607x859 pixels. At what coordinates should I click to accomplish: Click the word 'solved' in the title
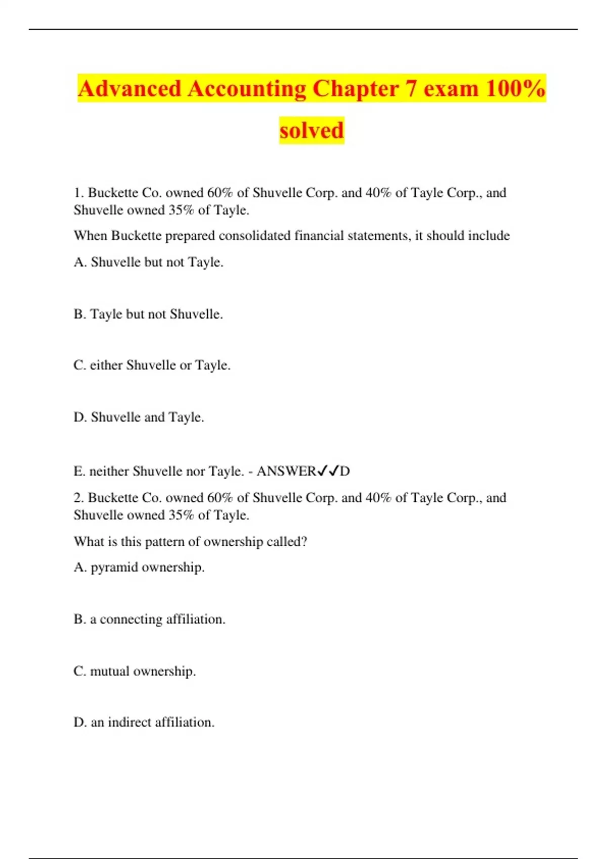312,130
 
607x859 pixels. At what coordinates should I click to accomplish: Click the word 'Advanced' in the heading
129,88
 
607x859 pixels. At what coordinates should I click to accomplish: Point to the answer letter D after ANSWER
345,471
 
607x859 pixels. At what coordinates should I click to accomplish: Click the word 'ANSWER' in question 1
286,471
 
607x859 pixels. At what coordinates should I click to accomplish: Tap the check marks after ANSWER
328,471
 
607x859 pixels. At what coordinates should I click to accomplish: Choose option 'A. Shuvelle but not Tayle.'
148,262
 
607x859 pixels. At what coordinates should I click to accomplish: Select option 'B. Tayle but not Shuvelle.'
148,314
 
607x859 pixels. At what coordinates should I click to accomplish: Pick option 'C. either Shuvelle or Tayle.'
152,365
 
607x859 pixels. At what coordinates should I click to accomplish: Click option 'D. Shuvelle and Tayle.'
139,417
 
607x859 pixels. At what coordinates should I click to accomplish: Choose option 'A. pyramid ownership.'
139,567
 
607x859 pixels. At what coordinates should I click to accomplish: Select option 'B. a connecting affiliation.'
149,619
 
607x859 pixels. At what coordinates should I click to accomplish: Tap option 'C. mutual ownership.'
135,672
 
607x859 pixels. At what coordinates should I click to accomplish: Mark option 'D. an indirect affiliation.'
144,723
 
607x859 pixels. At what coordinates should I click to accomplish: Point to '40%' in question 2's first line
378,498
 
